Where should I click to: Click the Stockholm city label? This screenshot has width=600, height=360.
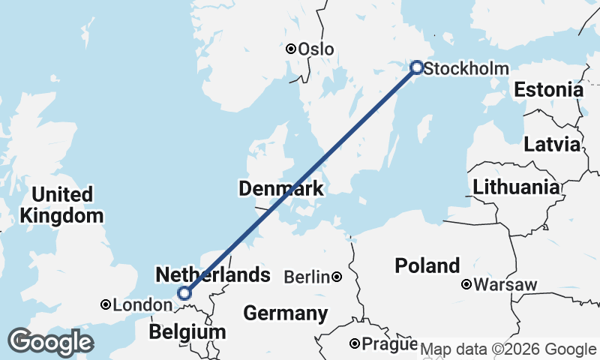pos(466,69)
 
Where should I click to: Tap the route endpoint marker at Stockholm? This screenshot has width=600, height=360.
pos(417,67)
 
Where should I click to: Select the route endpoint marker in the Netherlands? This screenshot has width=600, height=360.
pos(184,293)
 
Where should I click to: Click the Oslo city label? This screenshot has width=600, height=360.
pos(316,49)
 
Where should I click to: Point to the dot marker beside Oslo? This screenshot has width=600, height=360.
pos(291,49)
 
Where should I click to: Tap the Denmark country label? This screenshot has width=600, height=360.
pos(281,189)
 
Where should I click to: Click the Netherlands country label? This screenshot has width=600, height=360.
pos(212,274)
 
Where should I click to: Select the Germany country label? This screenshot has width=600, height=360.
pos(285,313)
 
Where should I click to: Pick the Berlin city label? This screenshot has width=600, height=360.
pos(307,277)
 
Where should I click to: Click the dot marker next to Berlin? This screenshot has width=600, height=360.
pos(337,277)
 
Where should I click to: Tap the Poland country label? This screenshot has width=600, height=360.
pos(428,265)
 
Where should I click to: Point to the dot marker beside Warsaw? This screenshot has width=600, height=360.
pos(466,284)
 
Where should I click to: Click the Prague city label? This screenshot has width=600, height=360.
pos(388,345)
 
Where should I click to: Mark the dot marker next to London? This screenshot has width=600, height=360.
pos(106,304)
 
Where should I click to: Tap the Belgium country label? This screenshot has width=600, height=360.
pos(187,331)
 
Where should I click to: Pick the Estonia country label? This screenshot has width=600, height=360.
pos(548,90)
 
